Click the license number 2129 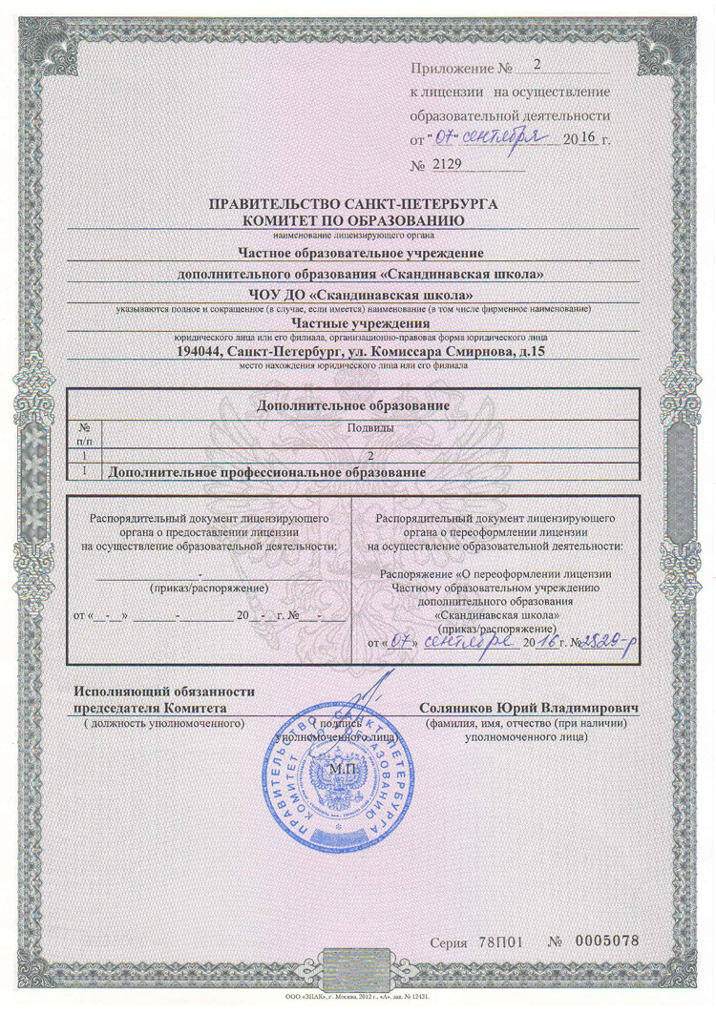448,164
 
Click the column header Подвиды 360,430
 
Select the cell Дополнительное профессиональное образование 267,472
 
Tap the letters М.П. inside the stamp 340,768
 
